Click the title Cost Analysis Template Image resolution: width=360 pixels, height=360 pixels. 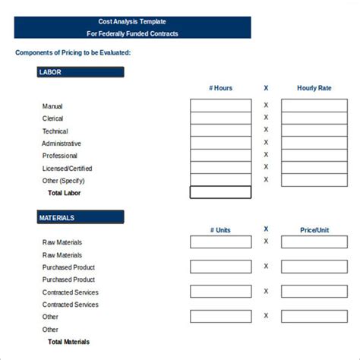(132, 21)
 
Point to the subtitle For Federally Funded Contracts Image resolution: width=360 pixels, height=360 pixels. (132, 33)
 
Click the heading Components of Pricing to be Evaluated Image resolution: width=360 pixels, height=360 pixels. (73, 52)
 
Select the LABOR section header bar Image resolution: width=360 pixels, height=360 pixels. (80, 72)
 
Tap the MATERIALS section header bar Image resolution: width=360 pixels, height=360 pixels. (80, 218)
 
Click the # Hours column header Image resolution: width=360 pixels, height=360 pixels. (220, 88)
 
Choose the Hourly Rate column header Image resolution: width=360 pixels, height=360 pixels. (314, 88)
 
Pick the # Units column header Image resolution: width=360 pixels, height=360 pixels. (220, 230)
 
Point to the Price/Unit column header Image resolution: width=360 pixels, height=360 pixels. (314, 230)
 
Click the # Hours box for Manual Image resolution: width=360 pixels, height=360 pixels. (220, 106)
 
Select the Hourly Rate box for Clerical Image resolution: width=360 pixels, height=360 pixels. (314, 118)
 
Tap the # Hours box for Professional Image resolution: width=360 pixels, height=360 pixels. (220, 155)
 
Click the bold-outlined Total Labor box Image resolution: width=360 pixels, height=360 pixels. (220, 192)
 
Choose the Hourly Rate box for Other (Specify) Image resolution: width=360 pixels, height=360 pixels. (314, 180)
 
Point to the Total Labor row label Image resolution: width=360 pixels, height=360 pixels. (64, 193)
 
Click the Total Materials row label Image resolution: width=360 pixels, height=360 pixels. (68, 342)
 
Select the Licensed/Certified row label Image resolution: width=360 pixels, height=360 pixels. (68, 169)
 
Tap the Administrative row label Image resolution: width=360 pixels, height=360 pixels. (62, 144)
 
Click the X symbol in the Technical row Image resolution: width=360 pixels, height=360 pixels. (266, 130)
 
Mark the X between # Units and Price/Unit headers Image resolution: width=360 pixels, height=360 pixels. (266, 229)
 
